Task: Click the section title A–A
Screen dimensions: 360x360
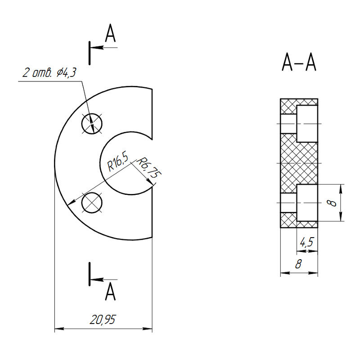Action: [299, 62]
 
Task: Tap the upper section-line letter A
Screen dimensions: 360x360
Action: [110, 33]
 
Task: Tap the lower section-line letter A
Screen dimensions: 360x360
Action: [110, 291]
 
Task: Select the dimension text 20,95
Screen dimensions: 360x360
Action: [103, 319]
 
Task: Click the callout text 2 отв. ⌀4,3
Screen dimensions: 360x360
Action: [49, 73]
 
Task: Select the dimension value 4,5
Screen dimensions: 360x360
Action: [307, 242]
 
